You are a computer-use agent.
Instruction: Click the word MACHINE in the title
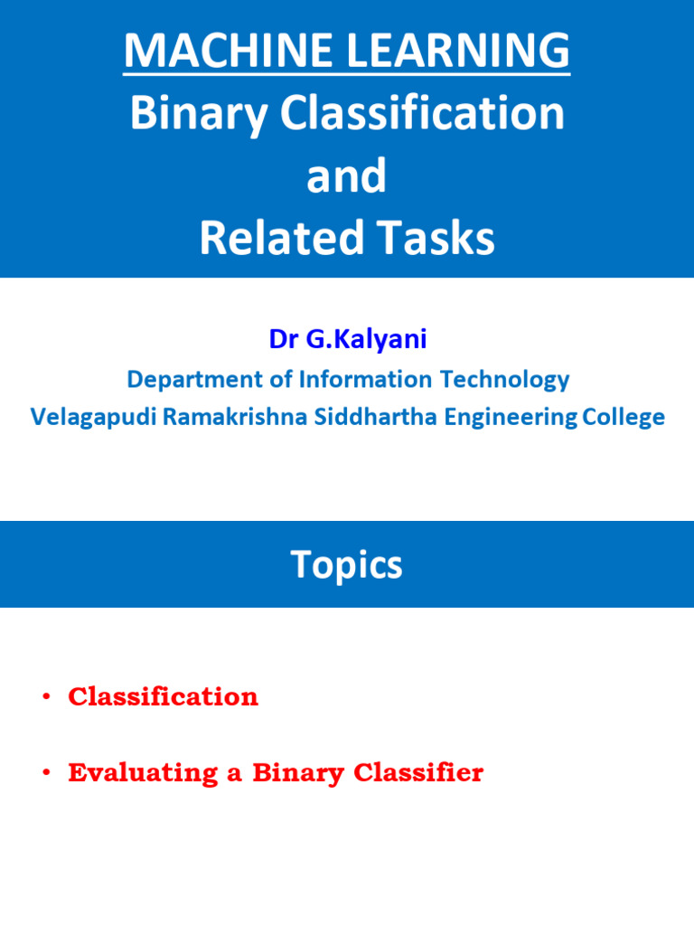click(x=218, y=50)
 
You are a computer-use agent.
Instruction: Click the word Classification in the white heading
click(x=422, y=113)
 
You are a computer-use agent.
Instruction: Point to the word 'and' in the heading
click(x=346, y=176)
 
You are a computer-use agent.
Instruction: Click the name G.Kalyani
click(x=368, y=340)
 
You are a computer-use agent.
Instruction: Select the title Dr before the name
click(x=284, y=340)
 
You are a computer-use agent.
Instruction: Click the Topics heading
click(x=346, y=565)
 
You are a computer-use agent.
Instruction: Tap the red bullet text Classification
click(x=163, y=696)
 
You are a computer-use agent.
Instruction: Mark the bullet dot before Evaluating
click(x=46, y=774)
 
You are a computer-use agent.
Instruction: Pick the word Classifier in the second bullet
click(x=418, y=773)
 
